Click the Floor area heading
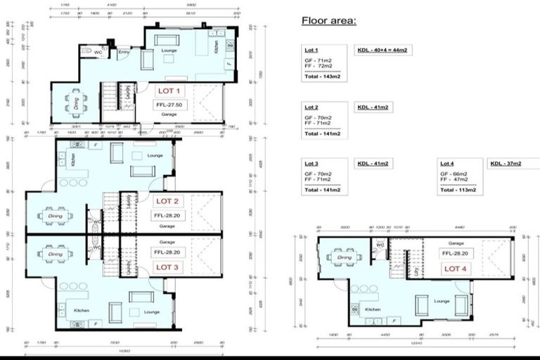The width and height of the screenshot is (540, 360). (x=329, y=20)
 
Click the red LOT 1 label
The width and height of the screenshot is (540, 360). (x=169, y=91)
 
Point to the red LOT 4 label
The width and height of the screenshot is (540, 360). (x=453, y=269)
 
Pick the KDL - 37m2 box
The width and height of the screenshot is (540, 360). (x=506, y=164)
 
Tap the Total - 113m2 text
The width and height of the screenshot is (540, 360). (x=458, y=189)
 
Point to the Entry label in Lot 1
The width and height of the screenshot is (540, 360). (x=124, y=51)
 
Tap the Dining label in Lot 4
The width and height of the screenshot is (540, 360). (x=345, y=257)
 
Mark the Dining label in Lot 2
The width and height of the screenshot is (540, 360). (x=55, y=208)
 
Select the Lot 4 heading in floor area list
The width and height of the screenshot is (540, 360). (x=447, y=163)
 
